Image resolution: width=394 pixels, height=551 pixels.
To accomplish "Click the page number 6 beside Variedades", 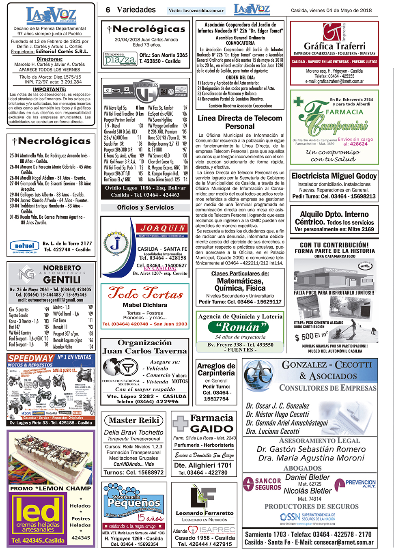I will pos(108,10).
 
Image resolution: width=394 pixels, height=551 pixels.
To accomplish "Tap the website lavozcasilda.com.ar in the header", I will pos(196,11).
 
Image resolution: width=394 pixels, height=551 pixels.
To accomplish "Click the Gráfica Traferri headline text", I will pos(334,46).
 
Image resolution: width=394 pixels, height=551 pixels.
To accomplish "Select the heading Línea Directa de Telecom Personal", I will pos(240,122).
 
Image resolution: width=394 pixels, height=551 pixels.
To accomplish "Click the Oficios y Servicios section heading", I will pos(145,207).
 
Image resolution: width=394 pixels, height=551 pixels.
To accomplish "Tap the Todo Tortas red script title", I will pos(145,293).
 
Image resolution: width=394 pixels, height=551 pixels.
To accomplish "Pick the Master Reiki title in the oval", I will pos(134,420).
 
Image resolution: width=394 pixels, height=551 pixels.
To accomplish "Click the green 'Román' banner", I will pos(238,327).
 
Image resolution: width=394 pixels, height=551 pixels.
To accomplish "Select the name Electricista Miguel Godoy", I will pos(334,176).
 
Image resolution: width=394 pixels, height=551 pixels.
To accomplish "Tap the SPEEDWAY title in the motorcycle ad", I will pos(31,358).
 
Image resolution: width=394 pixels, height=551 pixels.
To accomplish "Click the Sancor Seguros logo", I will pos(262,484).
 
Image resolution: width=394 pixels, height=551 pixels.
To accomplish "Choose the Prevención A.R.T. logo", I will pos(355,483).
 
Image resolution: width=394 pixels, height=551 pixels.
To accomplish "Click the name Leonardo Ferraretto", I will pos(205,513).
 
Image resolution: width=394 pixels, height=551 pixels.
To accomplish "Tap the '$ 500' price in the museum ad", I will pos(304,336).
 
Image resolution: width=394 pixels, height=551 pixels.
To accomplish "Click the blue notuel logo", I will pos(24,246).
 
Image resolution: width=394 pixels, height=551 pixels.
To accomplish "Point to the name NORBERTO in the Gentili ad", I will pos(62,268).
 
